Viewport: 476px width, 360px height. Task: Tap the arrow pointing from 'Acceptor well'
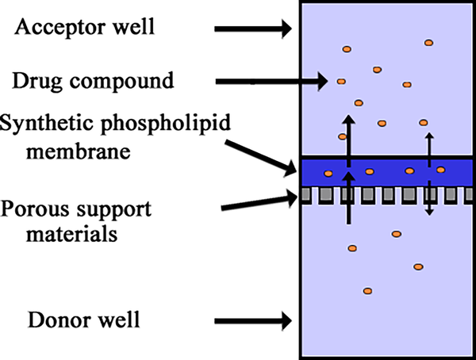coord(252,29)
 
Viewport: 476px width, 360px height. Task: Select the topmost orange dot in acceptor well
coord(428,42)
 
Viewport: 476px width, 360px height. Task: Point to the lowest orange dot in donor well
coord(367,291)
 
